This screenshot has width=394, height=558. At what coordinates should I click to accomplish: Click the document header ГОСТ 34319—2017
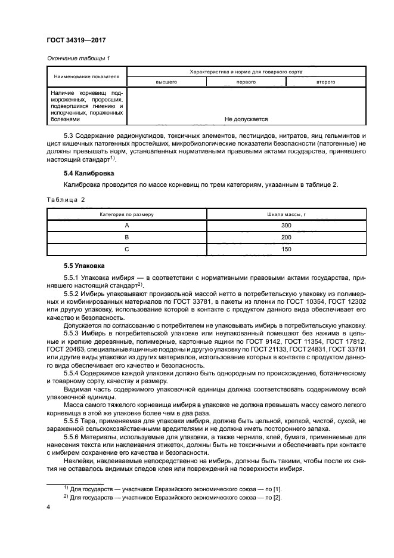click(x=76, y=41)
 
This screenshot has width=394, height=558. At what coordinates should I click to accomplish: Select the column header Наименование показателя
click(x=86, y=76)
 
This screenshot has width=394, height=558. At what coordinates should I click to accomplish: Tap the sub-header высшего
click(x=166, y=81)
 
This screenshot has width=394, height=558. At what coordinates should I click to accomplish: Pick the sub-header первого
click(x=246, y=81)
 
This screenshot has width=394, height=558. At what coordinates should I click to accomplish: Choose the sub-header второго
click(x=325, y=81)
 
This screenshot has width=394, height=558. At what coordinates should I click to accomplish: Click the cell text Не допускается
click(x=246, y=119)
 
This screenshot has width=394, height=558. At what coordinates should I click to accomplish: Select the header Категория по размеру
click(x=126, y=214)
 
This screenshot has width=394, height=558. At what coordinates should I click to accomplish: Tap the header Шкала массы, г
click(x=286, y=214)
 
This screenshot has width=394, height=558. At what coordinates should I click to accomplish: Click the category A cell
click(x=126, y=226)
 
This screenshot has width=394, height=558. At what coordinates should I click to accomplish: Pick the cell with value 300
click(x=286, y=226)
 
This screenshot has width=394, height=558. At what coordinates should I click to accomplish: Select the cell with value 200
click(x=286, y=237)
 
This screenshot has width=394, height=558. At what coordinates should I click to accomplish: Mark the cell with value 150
click(x=286, y=249)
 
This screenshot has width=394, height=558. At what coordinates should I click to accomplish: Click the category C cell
click(x=126, y=249)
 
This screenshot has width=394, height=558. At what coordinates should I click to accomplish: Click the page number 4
click(x=48, y=507)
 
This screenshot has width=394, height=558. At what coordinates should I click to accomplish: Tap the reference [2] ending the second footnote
click(x=277, y=498)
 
